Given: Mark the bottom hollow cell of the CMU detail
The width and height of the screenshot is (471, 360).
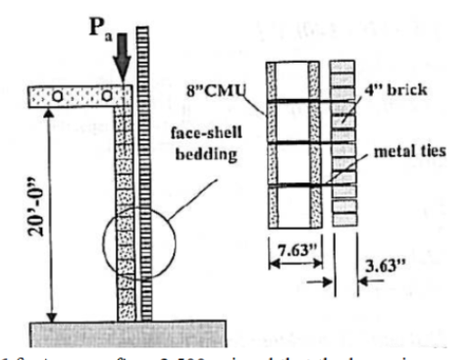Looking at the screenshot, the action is [290, 210].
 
